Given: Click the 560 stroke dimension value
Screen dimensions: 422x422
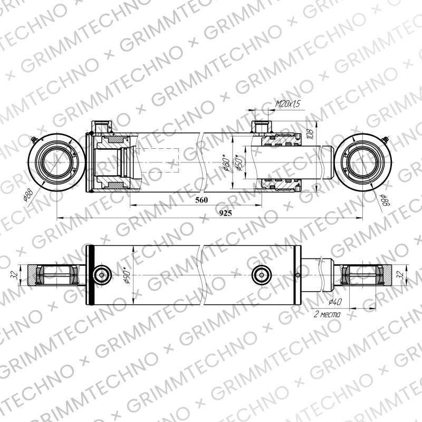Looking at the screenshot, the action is [202, 200].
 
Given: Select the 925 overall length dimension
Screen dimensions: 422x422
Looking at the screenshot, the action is [226, 214].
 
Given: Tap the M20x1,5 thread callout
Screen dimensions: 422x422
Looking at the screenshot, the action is [287, 103].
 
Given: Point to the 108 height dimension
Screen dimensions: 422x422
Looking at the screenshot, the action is [310, 135].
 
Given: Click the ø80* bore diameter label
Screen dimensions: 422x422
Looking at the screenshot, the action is [226, 162].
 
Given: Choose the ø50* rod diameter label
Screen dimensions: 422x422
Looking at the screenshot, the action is [239, 162].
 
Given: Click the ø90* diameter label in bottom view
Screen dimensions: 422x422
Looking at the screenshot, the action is [127, 275].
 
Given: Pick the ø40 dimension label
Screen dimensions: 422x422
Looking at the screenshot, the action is [335, 302].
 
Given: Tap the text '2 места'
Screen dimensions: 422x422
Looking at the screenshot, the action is [327, 314].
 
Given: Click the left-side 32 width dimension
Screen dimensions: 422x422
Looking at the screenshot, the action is [15, 275].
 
